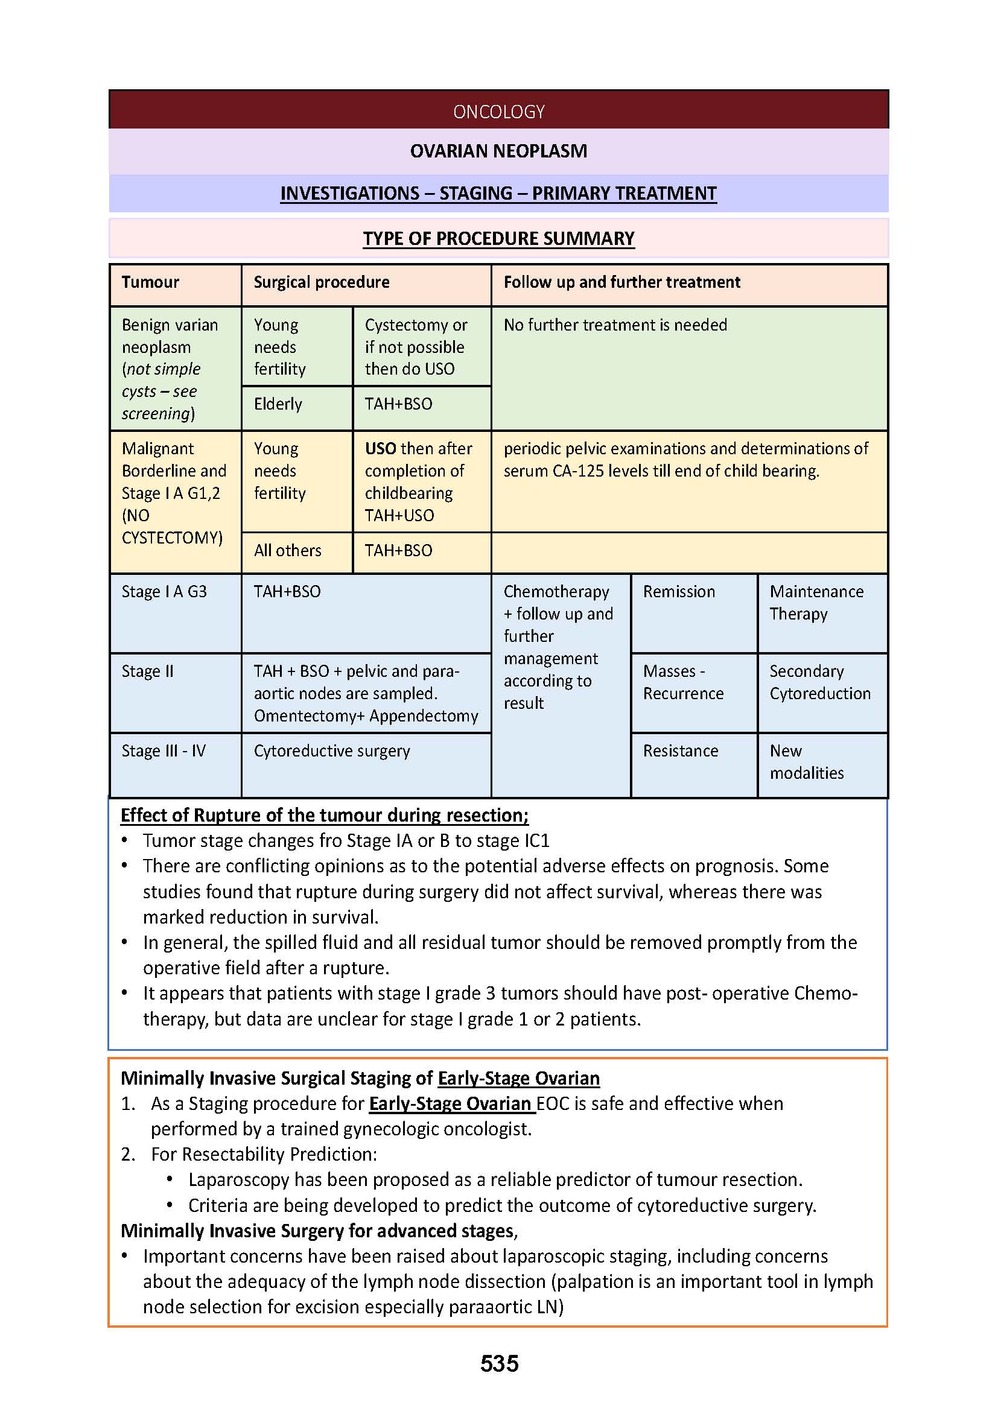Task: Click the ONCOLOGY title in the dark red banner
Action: (498, 111)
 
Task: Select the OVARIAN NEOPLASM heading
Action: (498, 151)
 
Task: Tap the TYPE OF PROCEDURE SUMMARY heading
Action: (498, 238)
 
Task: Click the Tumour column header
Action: (150, 282)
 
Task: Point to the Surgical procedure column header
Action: (322, 282)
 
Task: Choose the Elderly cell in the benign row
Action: (278, 404)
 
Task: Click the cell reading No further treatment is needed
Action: (615, 325)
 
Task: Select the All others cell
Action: (288, 551)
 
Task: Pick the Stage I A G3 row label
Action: (164, 592)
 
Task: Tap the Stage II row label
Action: (147, 671)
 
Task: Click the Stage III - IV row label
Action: (164, 751)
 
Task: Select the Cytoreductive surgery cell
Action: (332, 751)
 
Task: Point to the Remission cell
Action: (679, 592)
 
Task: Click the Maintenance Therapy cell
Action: (816, 603)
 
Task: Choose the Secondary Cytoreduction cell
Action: (820, 682)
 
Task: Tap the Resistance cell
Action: (680, 751)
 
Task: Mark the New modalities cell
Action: (806, 762)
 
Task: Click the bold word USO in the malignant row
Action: (380, 449)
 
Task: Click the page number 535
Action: (499, 1364)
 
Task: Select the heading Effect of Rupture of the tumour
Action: (324, 816)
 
